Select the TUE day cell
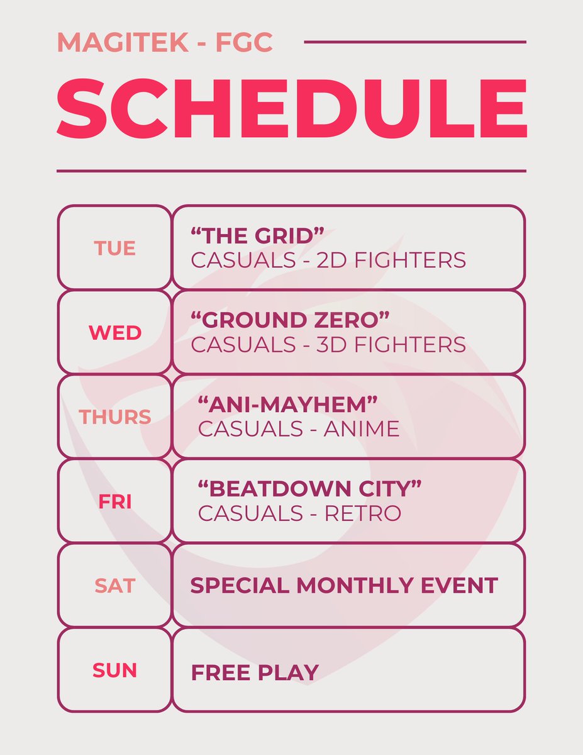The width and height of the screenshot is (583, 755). [115, 248]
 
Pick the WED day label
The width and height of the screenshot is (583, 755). [115, 332]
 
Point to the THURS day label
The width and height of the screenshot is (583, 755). [115, 417]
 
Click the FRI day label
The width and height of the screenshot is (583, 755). [115, 501]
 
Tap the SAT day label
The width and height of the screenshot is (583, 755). [115, 586]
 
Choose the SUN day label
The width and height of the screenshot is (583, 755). [115, 670]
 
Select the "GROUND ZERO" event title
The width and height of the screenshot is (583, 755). [290, 320]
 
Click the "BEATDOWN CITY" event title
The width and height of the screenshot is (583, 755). [309, 489]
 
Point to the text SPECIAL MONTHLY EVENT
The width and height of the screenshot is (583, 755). [344, 586]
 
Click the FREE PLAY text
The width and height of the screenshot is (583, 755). [255, 672]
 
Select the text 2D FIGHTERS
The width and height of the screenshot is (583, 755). [391, 260]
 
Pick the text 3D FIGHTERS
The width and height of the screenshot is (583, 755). [391, 344]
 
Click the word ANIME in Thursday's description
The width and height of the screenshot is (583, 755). [362, 428]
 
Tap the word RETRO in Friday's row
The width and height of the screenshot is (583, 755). [362, 513]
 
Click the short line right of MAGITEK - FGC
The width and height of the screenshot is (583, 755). [414, 42]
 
